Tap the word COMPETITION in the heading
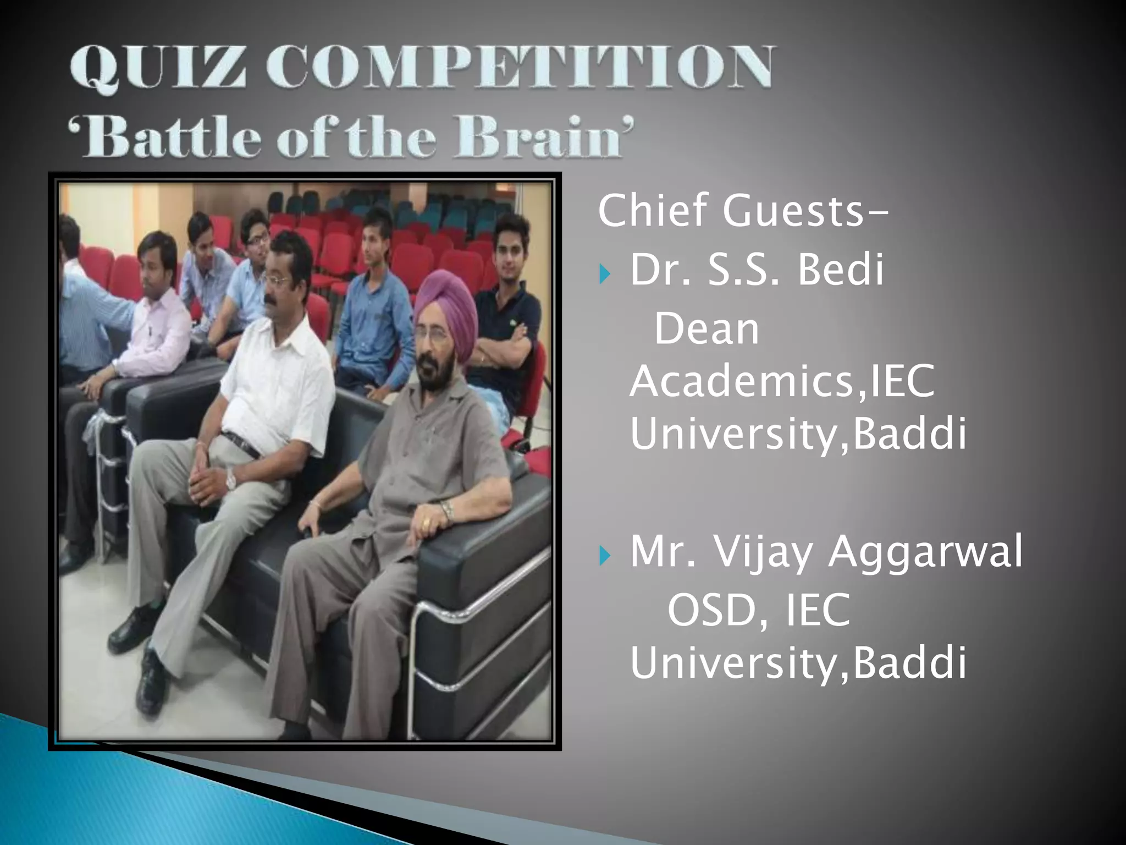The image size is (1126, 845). [x=520, y=67]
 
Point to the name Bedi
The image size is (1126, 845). [x=841, y=270]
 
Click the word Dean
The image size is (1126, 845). [x=706, y=329]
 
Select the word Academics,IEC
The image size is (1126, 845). [x=782, y=381]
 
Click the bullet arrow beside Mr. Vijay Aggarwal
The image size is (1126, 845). [x=605, y=555]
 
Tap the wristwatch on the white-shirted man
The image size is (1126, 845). [x=231, y=481]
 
